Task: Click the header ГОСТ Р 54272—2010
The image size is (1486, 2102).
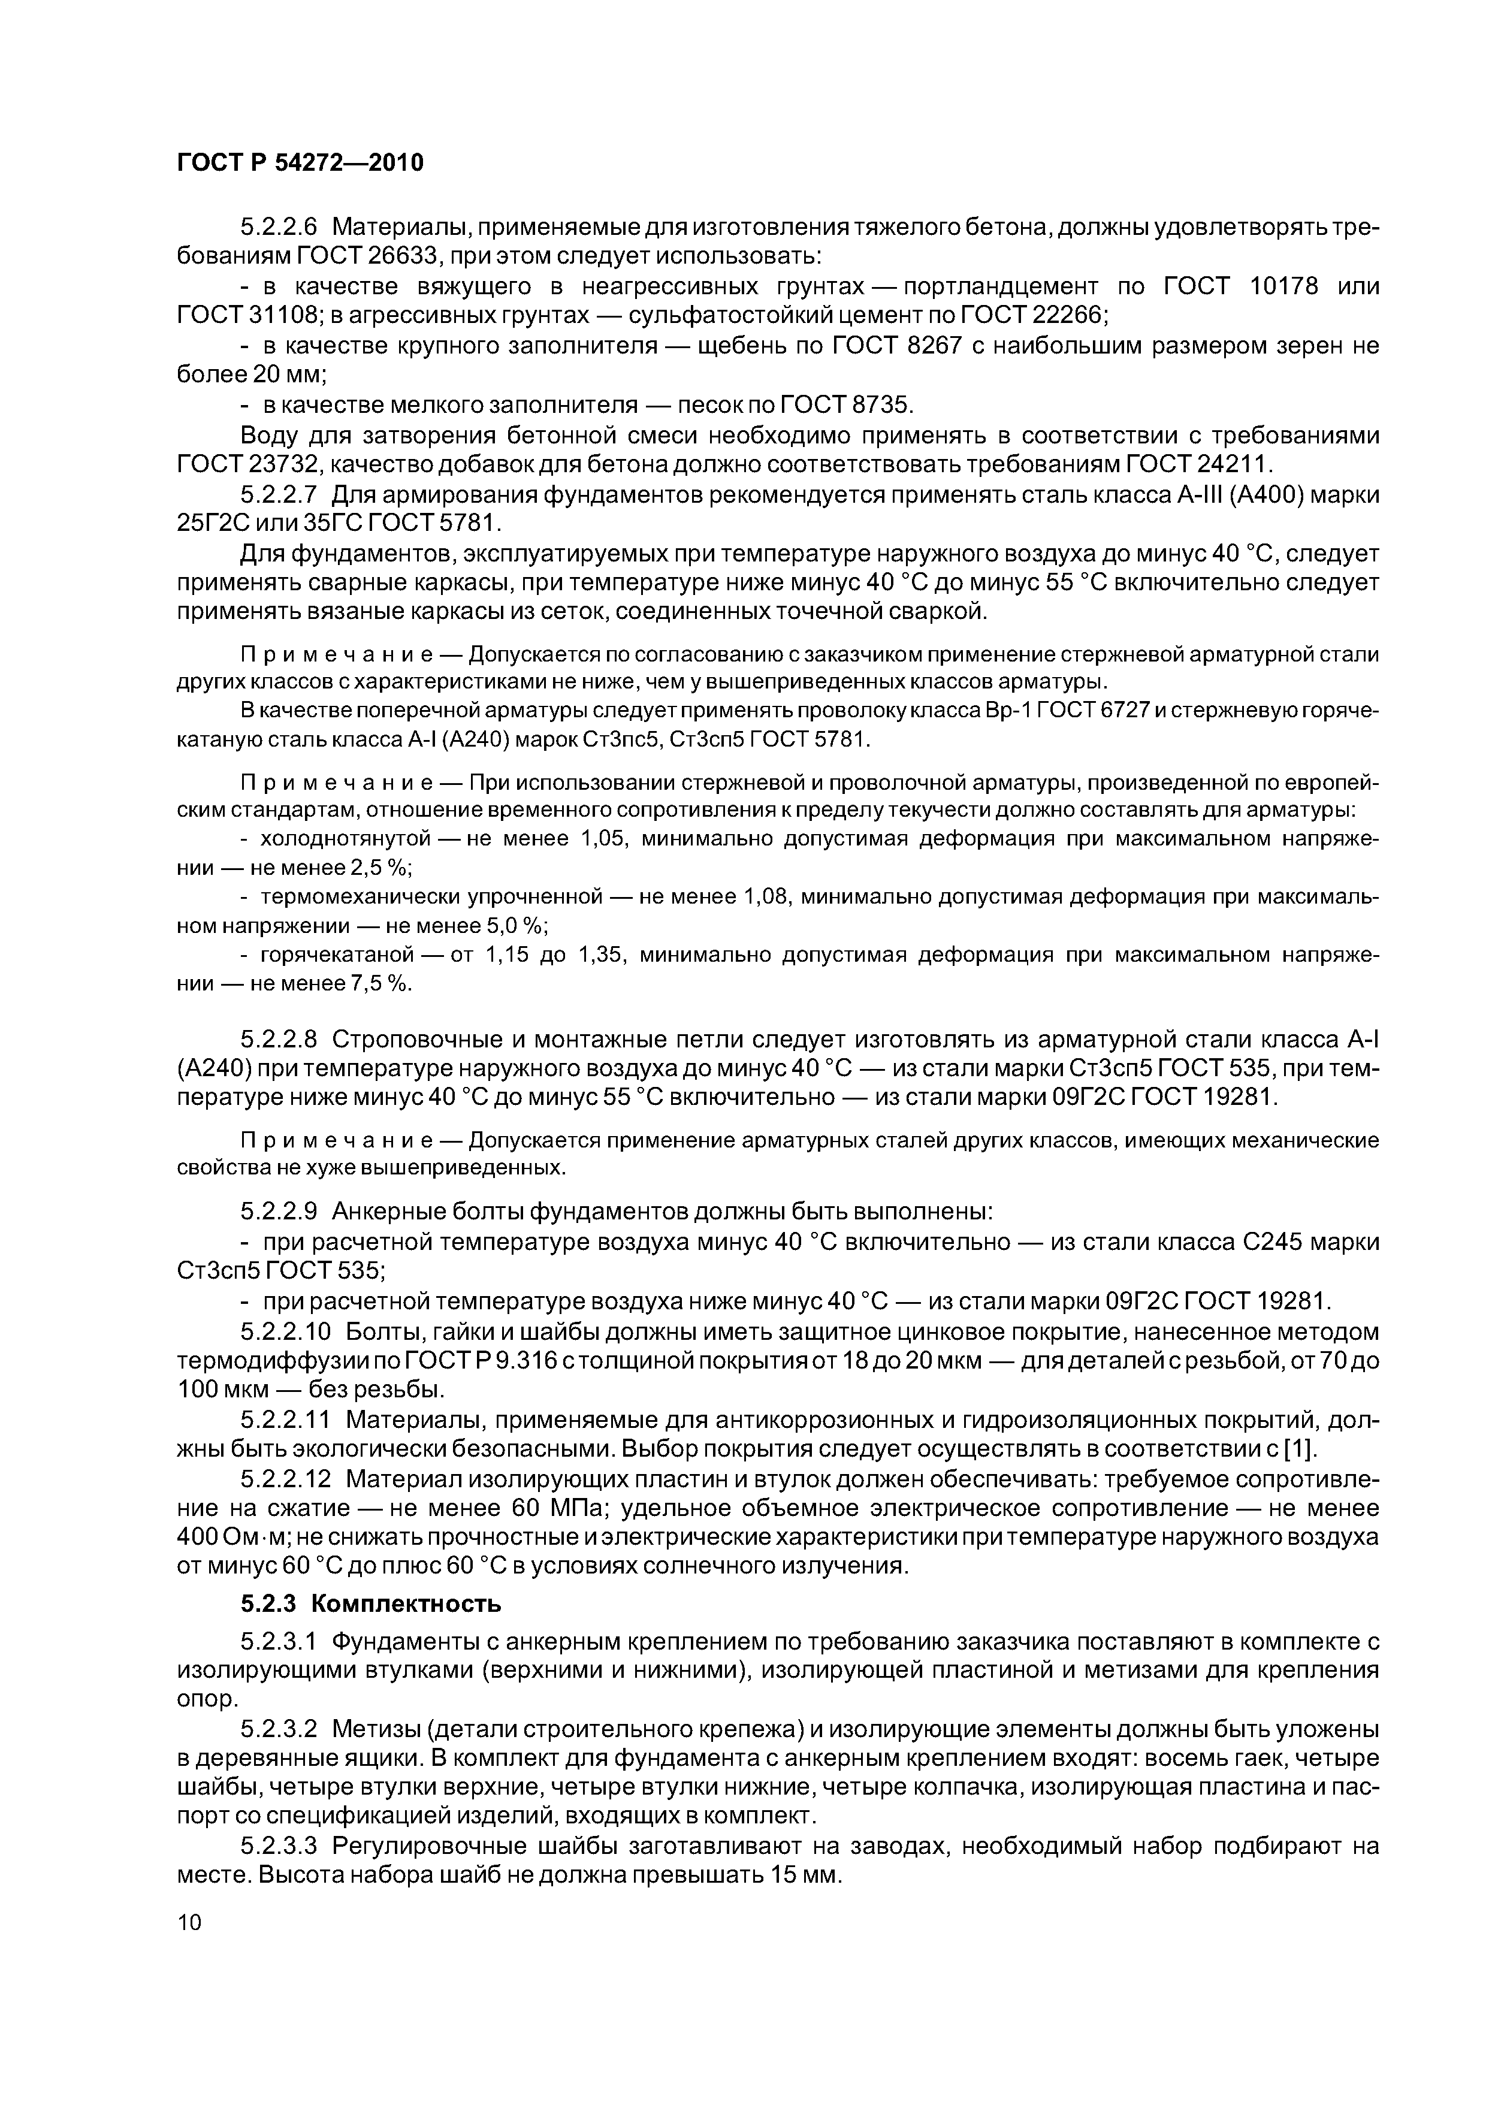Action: [x=300, y=163]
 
